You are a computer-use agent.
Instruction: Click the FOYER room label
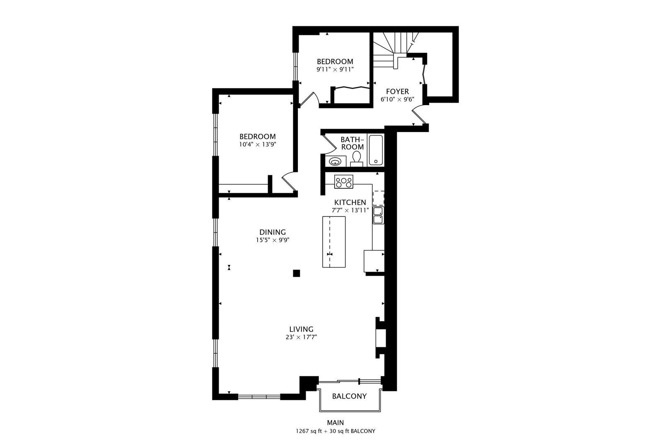[397, 91]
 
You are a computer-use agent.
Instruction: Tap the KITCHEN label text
[350, 202]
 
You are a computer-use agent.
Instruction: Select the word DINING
[273, 232]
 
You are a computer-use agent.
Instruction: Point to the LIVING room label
[302, 329]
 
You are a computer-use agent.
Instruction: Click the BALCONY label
[349, 396]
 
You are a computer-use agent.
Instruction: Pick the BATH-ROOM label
[352, 143]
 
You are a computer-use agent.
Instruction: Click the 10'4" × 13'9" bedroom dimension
[257, 144]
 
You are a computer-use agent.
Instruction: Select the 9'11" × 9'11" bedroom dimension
[335, 70]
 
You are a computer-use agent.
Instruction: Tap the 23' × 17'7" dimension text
[302, 337]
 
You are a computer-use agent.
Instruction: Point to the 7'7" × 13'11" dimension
[350, 210]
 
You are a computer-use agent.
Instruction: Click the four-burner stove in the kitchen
[344, 182]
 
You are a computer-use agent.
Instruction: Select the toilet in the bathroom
[357, 159]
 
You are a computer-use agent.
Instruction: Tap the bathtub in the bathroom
[376, 150]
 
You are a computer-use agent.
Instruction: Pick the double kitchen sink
[378, 215]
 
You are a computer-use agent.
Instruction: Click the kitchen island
[334, 242]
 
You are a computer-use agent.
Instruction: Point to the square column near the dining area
[296, 273]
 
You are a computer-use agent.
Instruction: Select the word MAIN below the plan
[335, 423]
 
